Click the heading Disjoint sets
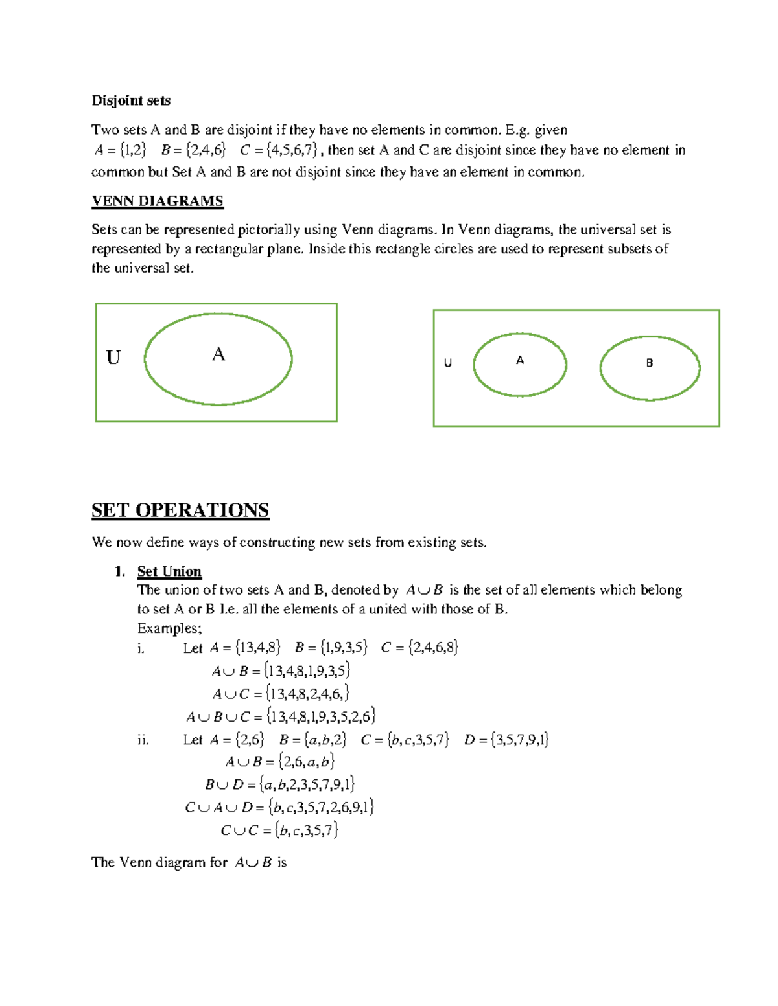pos(131,100)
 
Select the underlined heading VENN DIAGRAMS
pos(158,201)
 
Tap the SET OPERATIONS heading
pos(180,510)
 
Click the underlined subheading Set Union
pos(169,571)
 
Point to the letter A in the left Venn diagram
pos(218,354)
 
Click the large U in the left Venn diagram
pos(113,358)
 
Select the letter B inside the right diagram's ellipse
pos(649,363)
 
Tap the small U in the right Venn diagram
pos(447,363)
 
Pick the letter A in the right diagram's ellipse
pos(520,360)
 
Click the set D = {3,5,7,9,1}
pos(506,740)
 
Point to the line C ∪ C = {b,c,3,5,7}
pos(279,830)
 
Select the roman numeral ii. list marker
pos(143,740)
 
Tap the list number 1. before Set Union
pos(119,571)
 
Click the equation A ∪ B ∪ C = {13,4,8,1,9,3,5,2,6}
pos(281,716)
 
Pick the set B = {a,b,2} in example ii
pos(312,740)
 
